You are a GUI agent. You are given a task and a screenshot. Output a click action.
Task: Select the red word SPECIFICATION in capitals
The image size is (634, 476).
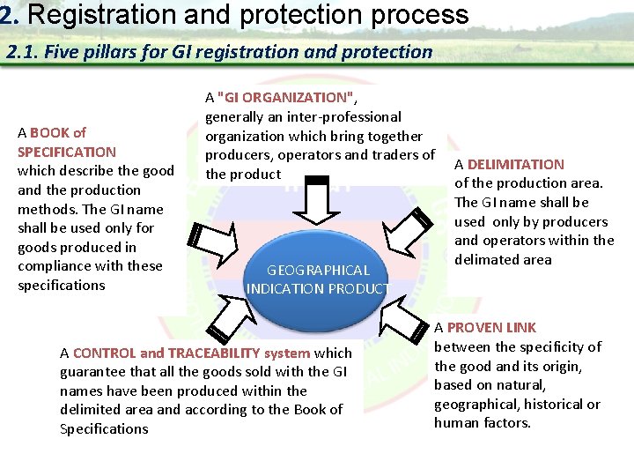[67, 152]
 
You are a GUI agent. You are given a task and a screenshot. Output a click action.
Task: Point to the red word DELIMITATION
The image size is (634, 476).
[516, 164]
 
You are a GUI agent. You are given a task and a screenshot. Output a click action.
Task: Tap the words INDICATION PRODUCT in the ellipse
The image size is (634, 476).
[318, 288]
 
